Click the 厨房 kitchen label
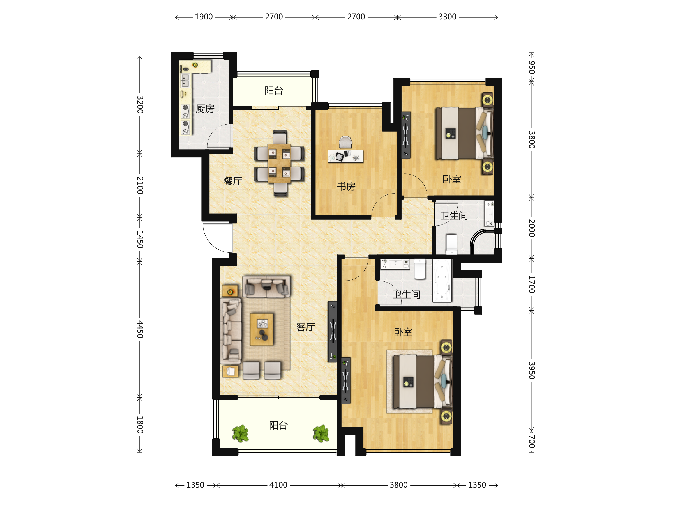click(205, 109)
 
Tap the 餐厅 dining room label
click(233, 182)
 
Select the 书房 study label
click(346, 187)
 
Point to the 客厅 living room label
click(305, 327)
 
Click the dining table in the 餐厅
click(279, 163)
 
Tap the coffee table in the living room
click(262, 330)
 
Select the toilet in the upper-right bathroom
click(451, 244)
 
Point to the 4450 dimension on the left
click(140, 329)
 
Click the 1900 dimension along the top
click(204, 17)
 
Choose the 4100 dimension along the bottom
click(278, 485)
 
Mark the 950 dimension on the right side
click(531, 67)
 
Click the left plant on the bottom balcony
click(240, 433)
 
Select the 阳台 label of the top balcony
click(274, 91)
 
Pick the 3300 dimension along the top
click(447, 17)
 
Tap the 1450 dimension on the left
click(140, 240)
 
